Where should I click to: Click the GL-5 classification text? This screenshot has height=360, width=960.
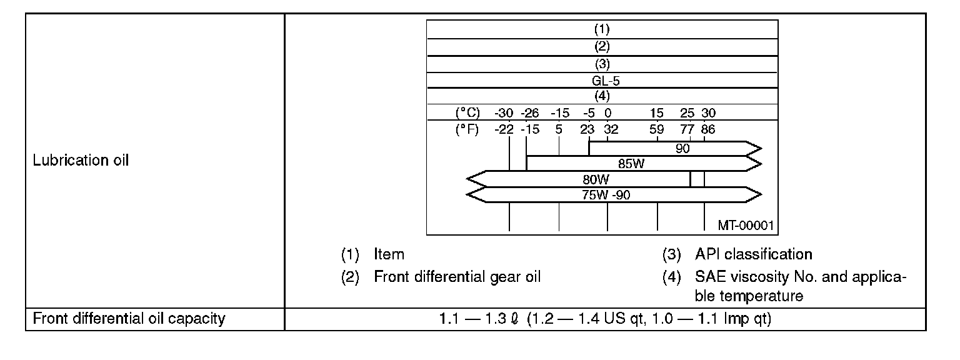[602, 81]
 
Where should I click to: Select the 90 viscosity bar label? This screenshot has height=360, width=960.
[682, 149]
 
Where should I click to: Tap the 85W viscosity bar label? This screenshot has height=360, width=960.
[631, 164]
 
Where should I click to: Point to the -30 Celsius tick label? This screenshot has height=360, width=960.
[504, 114]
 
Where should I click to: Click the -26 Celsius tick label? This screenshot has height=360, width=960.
[531, 114]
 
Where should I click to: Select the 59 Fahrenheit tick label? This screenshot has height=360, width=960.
[656, 129]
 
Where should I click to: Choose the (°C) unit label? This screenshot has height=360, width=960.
[467, 114]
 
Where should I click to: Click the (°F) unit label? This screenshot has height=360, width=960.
[467, 129]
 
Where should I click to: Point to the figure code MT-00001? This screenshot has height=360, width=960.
[748, 224]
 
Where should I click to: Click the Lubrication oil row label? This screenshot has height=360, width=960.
[81, 160]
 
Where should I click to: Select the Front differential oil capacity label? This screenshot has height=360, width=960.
[129, 319]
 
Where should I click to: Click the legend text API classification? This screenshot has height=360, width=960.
[753, 254]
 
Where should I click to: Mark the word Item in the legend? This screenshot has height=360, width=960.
[389, 254]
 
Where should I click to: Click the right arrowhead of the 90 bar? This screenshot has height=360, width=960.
[755, 149]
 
